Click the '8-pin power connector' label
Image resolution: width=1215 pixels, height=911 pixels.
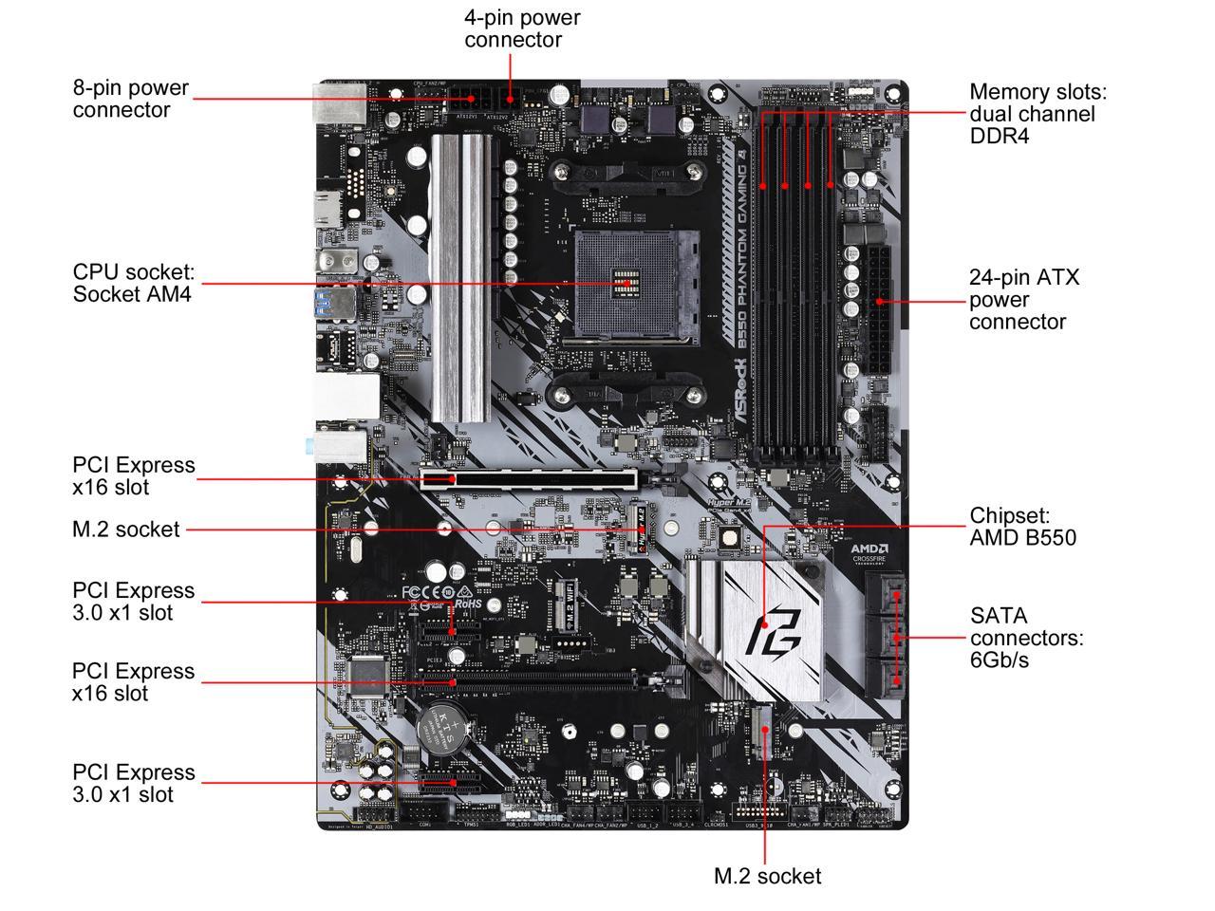click(131, 99)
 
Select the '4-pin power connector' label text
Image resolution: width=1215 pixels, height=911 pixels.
click(522, 28)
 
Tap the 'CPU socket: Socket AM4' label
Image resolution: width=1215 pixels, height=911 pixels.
click(134, 283)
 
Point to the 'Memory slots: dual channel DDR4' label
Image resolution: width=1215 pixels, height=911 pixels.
click(1037, 114)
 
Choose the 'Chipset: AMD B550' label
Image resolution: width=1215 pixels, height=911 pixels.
click(1022, 527)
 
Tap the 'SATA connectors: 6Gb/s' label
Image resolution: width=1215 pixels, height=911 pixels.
click(1026, 638)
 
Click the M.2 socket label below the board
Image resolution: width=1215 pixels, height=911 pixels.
click(767, 876)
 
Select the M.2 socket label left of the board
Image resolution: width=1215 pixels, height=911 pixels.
click(125, 530)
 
